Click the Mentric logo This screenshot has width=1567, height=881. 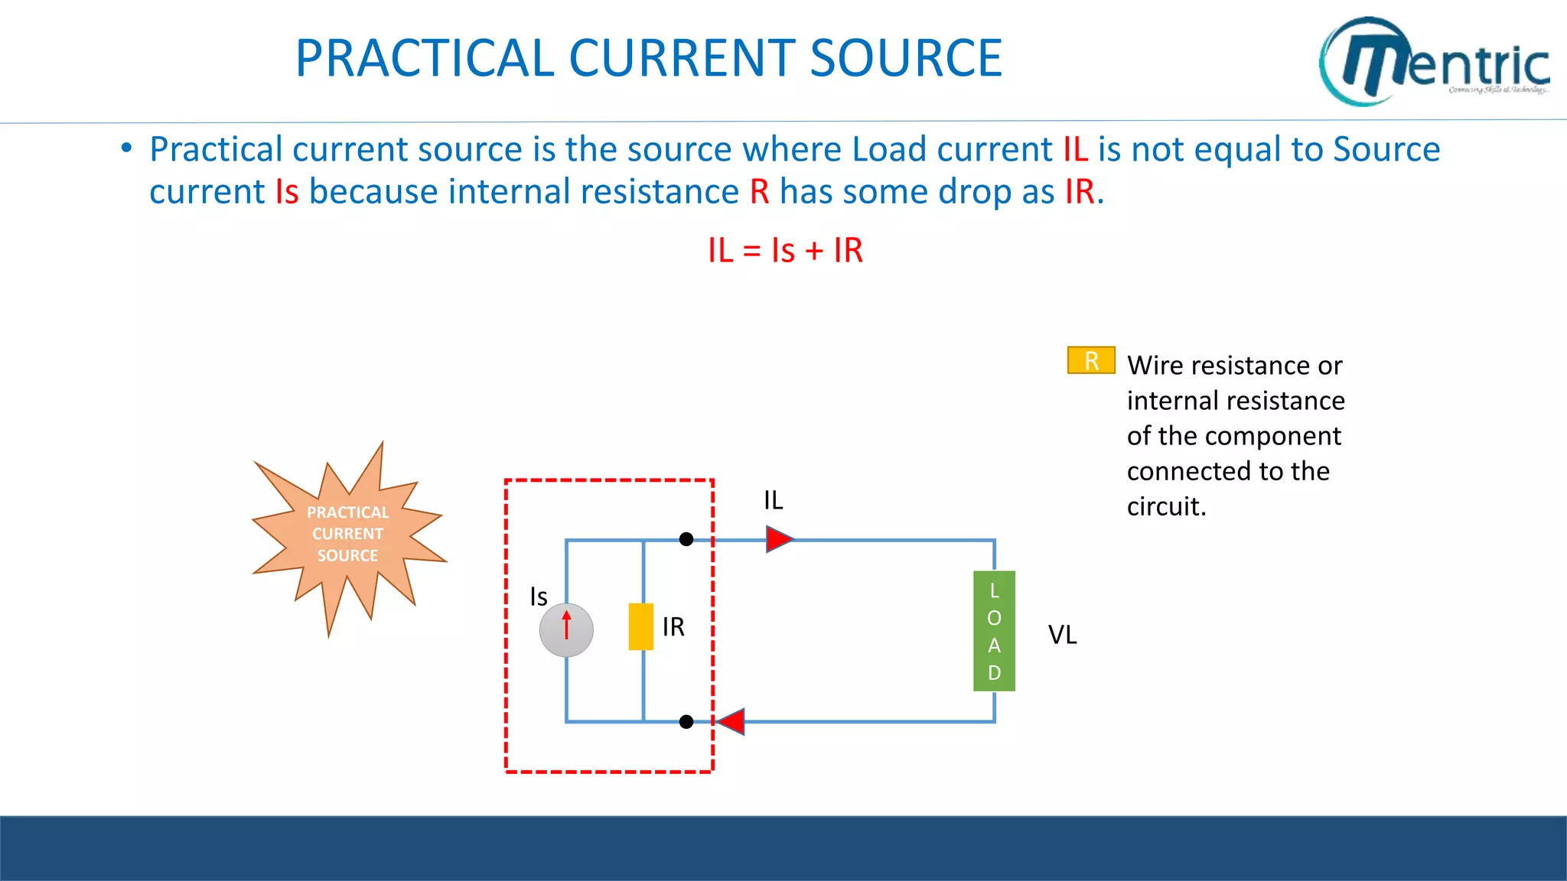(x=1432, y=61)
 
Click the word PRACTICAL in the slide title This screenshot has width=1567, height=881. (x=424, y=58)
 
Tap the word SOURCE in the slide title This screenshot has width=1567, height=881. (x=905, y=58)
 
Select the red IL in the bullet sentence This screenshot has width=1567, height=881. (x=1075, y=149)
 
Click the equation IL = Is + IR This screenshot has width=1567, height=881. (x=785, y=251)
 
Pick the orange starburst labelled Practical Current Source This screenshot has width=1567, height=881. (x=348, y=535)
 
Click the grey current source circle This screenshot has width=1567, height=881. (x=566, y=630)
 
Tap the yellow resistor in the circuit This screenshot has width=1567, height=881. (x=641, y=626)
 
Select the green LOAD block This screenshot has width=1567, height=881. (x=994, y=631)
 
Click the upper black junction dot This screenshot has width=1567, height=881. (x=686, y=539)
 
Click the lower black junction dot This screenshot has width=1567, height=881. (x=686, y=721)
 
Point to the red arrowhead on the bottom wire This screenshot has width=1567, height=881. (x=731, y=721)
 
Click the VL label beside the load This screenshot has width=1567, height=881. (x=1062, y=635)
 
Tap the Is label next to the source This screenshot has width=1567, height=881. (x=539, y=597)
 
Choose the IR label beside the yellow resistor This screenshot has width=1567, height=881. (x=673, y=627)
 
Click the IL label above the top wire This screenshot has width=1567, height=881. (x=773, y=501)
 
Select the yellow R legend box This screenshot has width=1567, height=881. (x=1091, y=360)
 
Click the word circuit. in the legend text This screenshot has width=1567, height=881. (x=1166, y=506)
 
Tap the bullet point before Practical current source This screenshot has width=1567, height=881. (x=127, y=148)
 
